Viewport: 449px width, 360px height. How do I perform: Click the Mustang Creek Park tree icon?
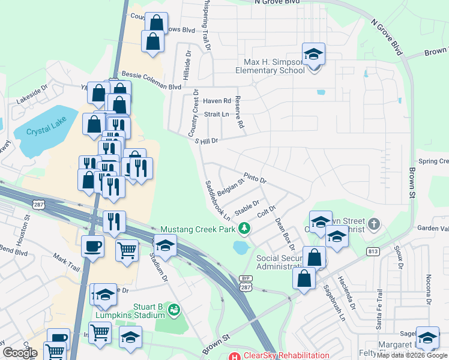tap(244, 228)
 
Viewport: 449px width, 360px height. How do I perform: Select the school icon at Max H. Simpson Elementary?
tap(313, 55)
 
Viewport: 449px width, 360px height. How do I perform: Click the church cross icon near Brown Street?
tap(374, 224)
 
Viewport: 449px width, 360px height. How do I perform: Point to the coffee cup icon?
tap(92, 247)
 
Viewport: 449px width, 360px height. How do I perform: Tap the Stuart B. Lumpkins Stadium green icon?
tap(173, 310)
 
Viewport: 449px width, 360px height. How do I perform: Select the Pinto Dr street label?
tap(255, 179)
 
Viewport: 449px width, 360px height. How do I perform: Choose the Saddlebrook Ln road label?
tap(214, 202)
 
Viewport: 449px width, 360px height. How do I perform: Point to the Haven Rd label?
tap(217, 101)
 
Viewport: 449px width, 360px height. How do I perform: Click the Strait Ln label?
tap(217, 114)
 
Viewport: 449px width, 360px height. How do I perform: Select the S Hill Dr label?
tap(206, 140)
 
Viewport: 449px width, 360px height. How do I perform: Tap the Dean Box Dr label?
tap(285, 234)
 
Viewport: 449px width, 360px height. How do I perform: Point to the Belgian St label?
tap(234, 188)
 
